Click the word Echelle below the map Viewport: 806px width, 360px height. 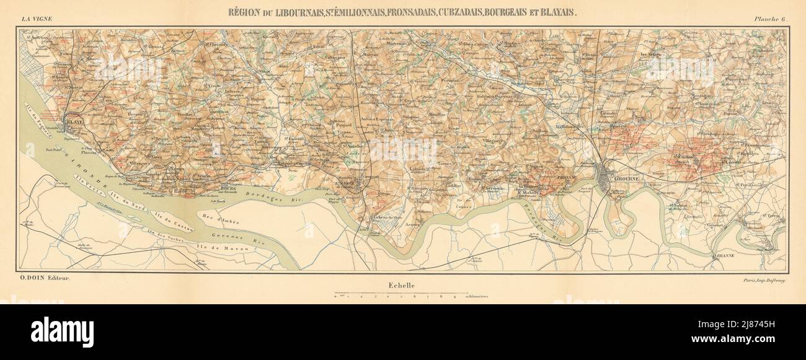point(401,286)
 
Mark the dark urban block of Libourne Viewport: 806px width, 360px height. point(606,178)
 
